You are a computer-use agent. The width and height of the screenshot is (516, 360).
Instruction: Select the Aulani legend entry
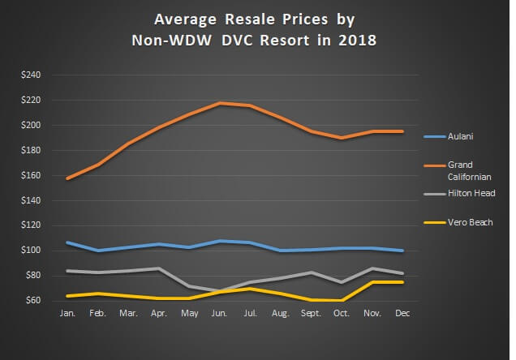(459, 136)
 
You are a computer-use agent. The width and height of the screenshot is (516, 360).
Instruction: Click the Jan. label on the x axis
(67, 312)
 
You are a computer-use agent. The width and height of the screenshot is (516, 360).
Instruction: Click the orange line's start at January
(67, 178)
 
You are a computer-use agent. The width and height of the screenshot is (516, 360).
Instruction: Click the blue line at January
(67, 242)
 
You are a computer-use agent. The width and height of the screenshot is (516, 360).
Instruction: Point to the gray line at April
(159, 268)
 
